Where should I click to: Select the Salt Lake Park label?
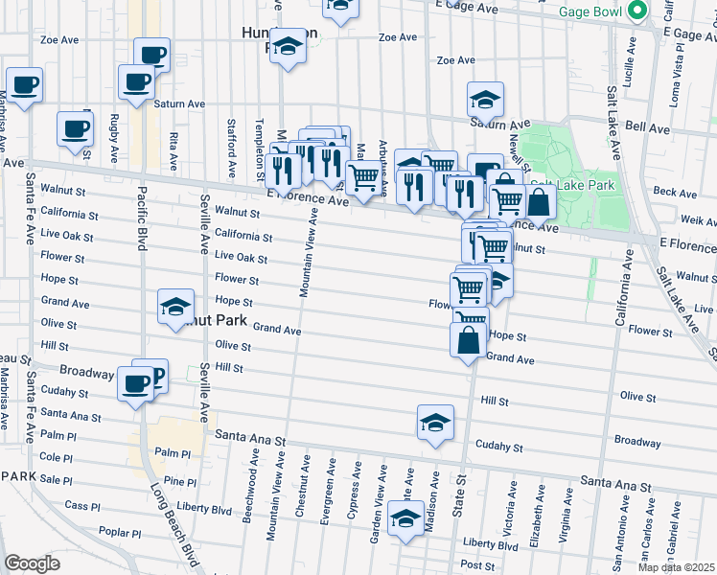[570, 184]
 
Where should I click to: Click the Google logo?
[32, 563]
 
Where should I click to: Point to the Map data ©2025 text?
[677, 567]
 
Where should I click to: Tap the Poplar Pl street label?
[120, 533]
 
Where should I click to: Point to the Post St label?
[476, 564]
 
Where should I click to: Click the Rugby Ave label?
[114, 136]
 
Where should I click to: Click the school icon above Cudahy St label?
[435, 423]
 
